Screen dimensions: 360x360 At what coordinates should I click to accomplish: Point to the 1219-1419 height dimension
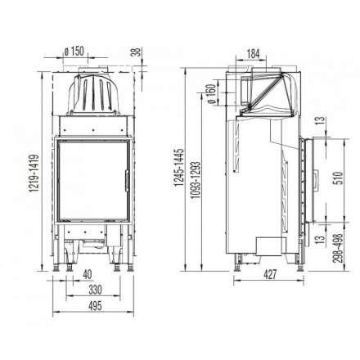pos(32,169)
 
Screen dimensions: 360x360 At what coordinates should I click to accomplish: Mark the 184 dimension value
pos(256,55)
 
